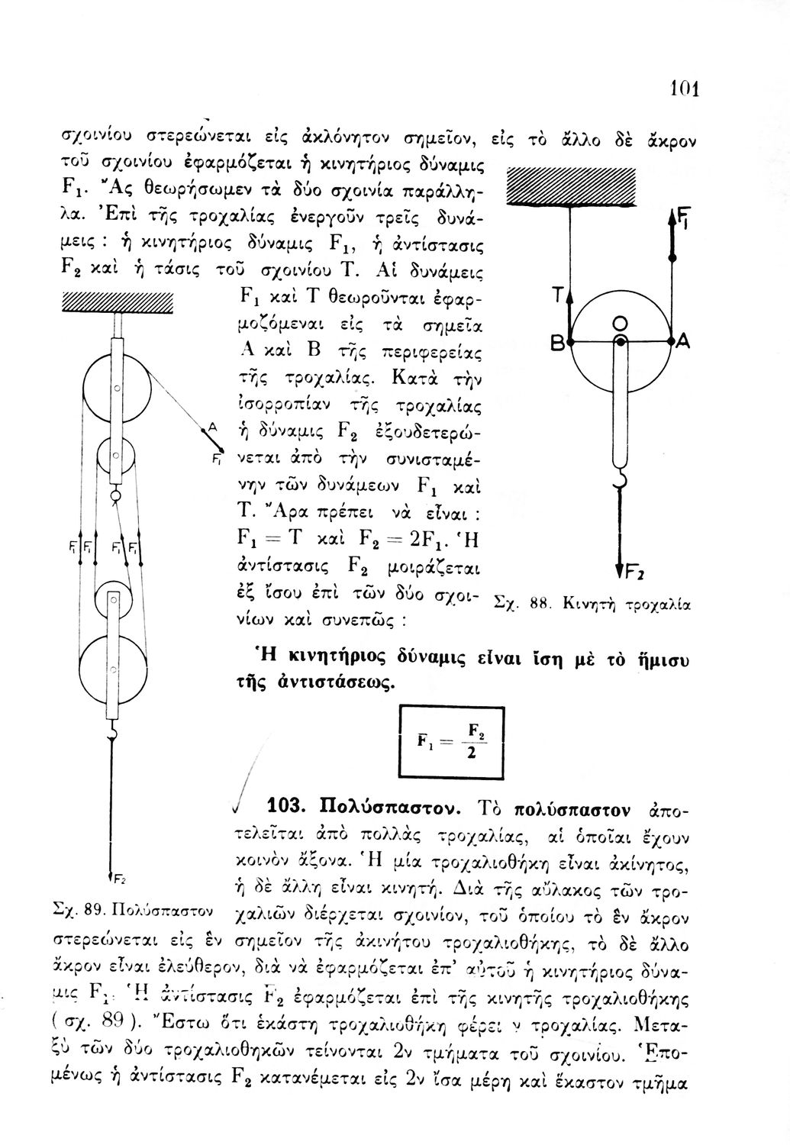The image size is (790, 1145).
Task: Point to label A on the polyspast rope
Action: tap(213, 427)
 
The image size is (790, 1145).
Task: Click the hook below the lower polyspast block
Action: tap(113, 734)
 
